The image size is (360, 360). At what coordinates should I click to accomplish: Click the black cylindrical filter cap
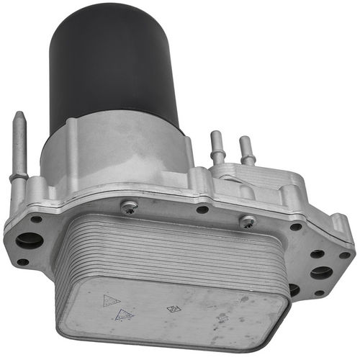pyautogui.click(x=112, y=65)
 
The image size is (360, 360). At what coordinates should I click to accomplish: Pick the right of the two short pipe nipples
pyautogui.click(x=247, y=151)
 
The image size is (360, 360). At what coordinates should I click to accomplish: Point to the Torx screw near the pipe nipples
pyautogui.click(x=248, y=222)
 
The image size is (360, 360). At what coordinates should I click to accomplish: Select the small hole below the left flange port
pyautogui.click(x=23, y=262)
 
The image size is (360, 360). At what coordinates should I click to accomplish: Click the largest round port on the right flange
pyautogui.click(x=321, y=273)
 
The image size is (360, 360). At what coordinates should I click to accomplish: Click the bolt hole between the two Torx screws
pyautogui.click(x=202, y=210)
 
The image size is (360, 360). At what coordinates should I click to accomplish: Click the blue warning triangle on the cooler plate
pyautogui.click(x=125, y=315)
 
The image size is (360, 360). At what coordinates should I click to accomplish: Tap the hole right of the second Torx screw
pyautogui.click(x=296, y=227)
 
